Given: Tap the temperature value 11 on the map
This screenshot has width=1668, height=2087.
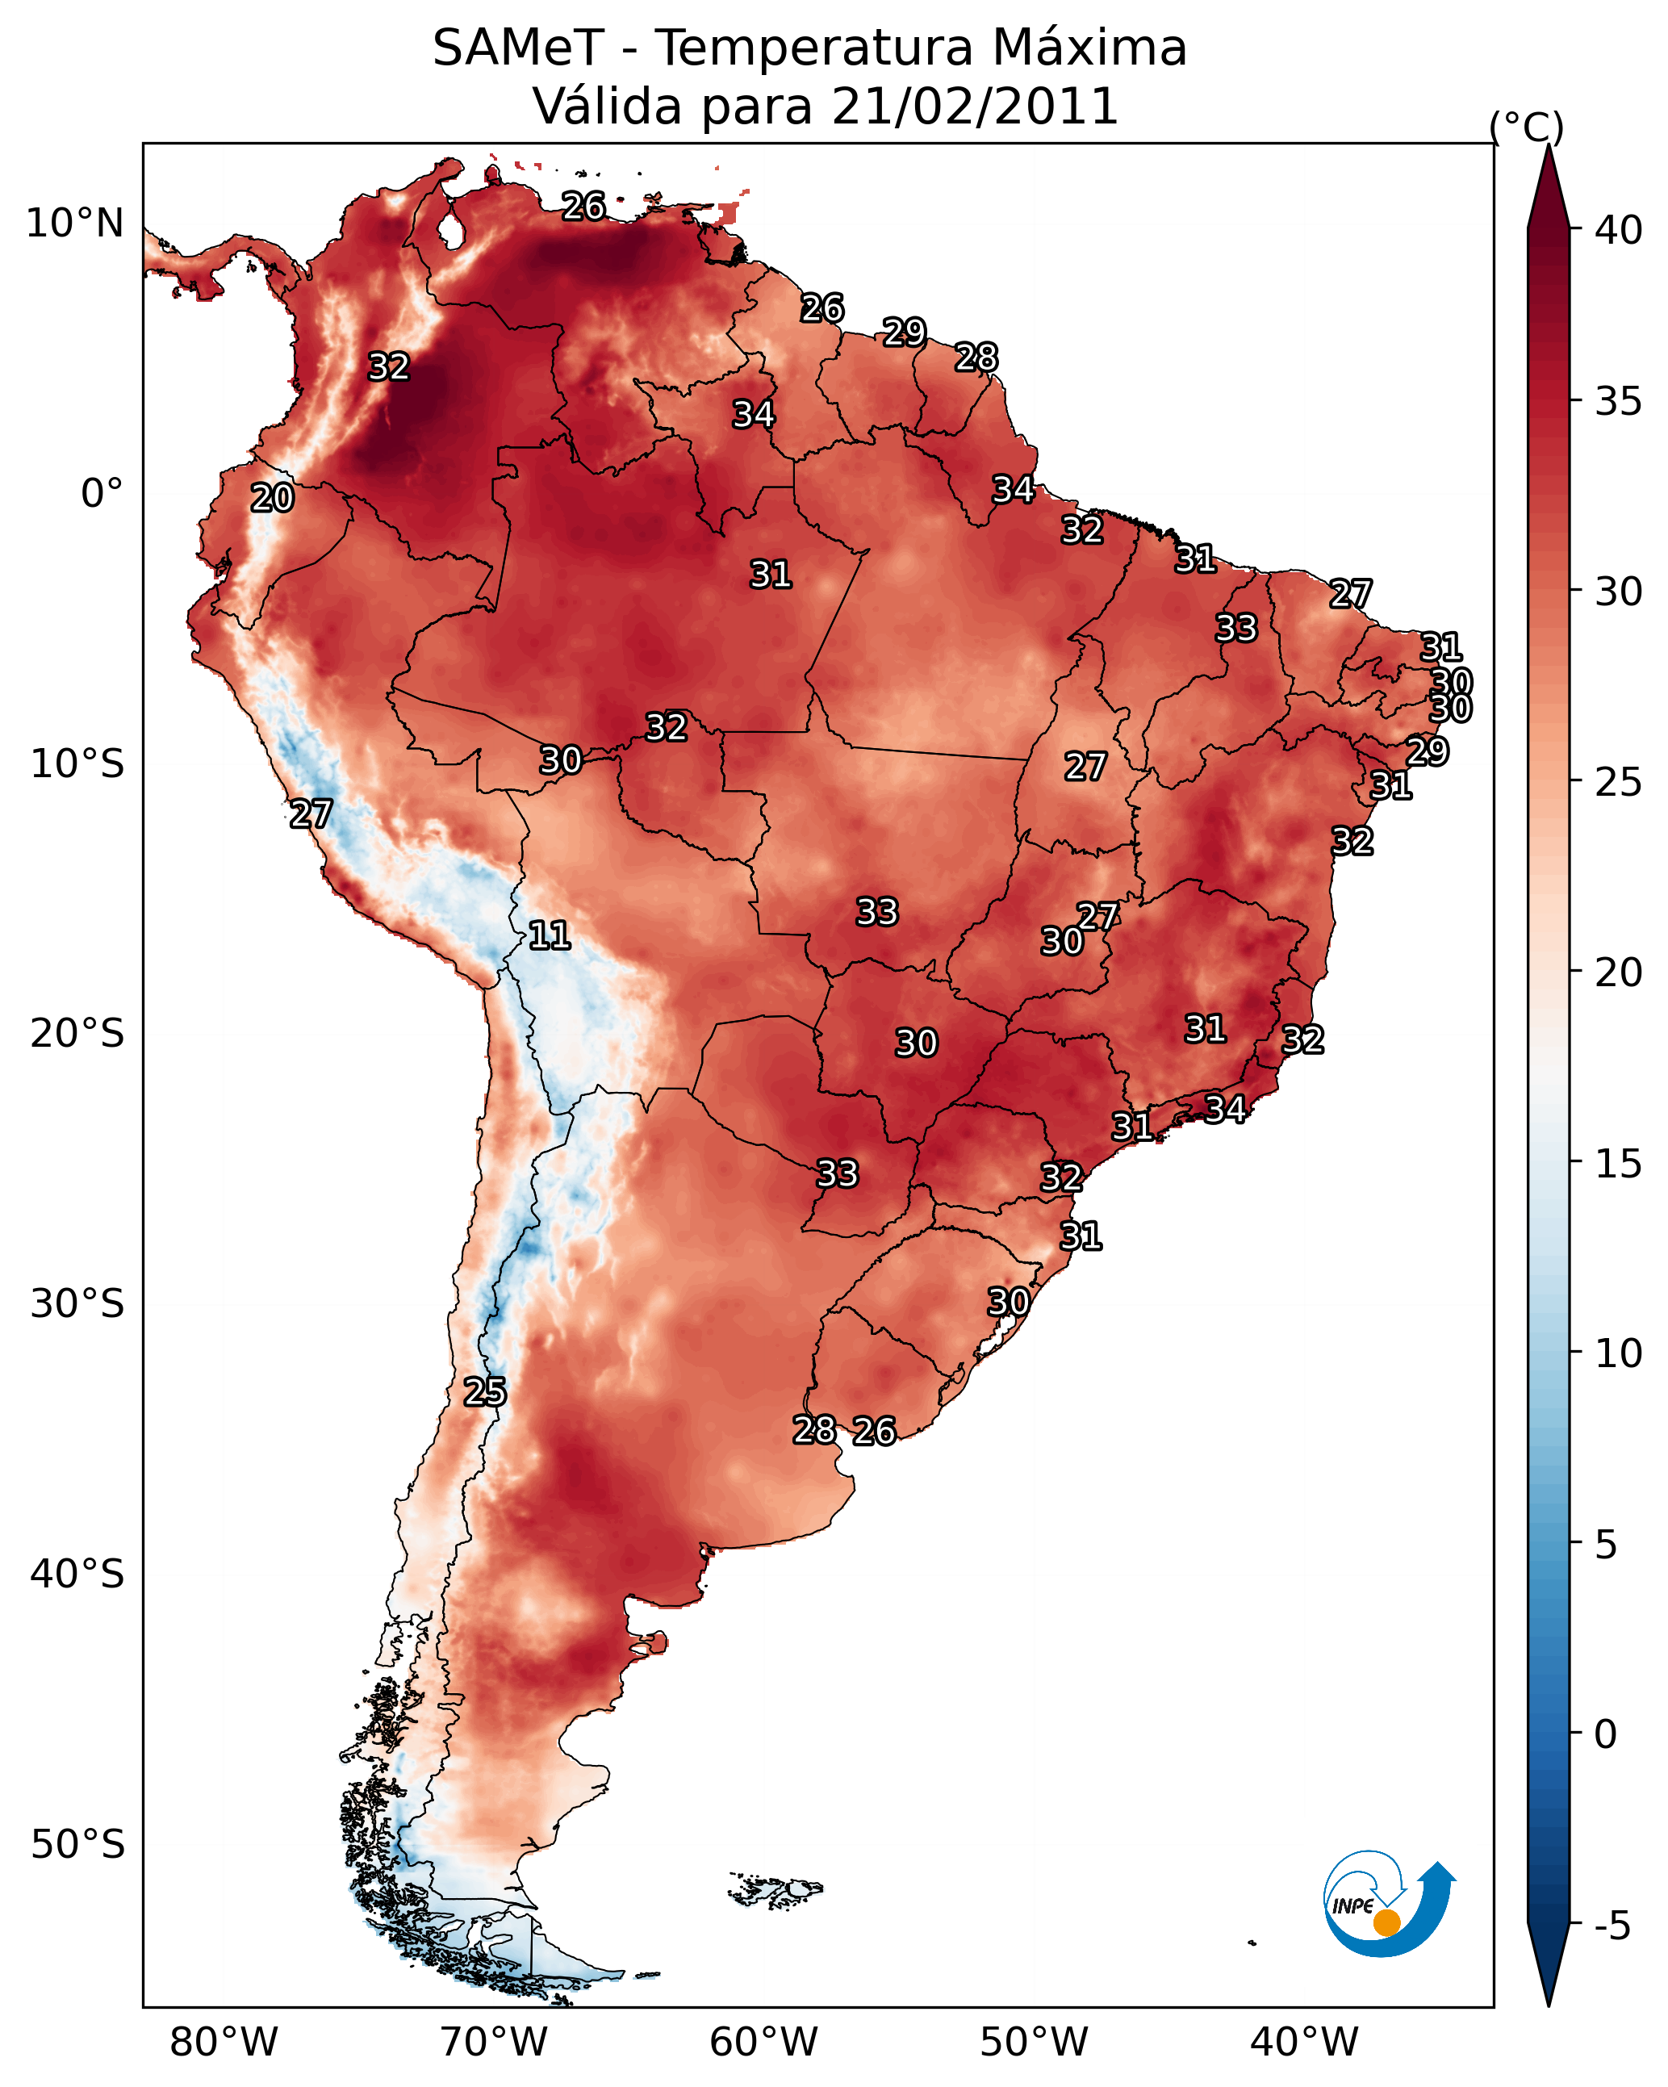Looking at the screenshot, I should point(549,935).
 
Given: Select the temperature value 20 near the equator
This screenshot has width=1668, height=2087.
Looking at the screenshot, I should point(272,498).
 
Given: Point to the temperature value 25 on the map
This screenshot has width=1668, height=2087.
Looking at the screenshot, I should point(484,1392).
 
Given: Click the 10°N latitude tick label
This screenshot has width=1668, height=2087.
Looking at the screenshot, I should point(74,224).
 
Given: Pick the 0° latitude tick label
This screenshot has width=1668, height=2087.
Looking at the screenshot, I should point(102,494).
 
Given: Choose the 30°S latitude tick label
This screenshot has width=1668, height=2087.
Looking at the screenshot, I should point(77,1304).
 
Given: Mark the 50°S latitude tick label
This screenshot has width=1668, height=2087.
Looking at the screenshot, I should point(77,1844).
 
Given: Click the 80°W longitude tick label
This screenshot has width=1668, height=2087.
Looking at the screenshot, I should point(224,2042).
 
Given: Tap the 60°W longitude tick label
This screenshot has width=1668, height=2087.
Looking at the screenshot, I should point(764,2042).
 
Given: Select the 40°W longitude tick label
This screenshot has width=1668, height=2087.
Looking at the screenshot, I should point(1304,2042).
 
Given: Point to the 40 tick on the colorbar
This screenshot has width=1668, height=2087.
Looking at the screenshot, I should point(1619,230).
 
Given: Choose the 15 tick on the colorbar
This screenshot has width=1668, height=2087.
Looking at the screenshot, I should point(1619,1163).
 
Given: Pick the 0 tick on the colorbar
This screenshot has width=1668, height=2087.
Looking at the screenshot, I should point(1605,1734).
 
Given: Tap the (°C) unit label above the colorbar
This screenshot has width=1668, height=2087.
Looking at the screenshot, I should point(1526,127).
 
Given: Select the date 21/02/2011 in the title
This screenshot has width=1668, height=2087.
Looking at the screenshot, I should point(975,106).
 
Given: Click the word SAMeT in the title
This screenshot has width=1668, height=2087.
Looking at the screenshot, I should point(518,48).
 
